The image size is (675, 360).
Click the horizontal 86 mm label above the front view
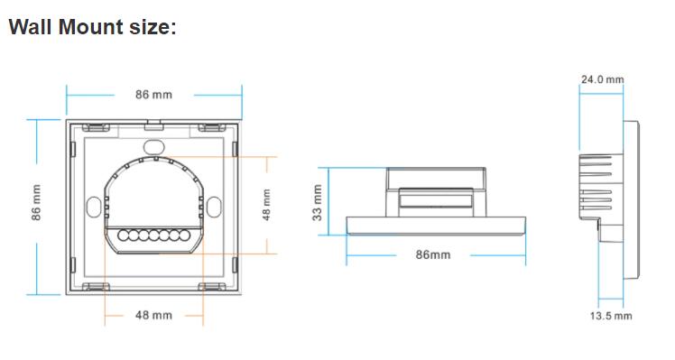(x=153, y=95)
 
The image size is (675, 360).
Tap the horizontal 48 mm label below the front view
(x=153, y=315)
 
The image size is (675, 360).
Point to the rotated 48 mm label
(x=266, y=208)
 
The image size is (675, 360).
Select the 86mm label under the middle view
(x=433, y=255)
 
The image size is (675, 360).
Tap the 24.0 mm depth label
(x=602, y=79)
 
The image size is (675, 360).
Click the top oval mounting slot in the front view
(x=153, y=144)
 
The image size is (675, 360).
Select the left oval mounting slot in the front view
(x=93, y=208)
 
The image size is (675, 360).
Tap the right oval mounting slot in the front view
(x=214, y=208)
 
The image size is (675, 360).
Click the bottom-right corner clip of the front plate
(x=214, y=288)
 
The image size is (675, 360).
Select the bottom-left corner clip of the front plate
(x=93, y=288)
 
